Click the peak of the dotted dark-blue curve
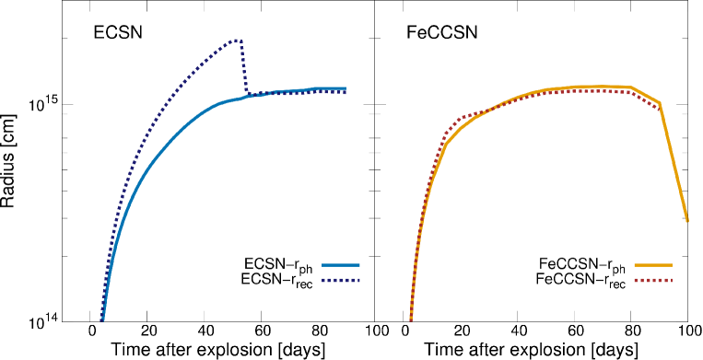click(x=237, y=40)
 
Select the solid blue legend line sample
click(x=340, y=265)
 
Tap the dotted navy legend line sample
click(x=340, y=280)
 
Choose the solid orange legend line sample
click(x=652, y=265)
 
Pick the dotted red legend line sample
click(x=652, y=280)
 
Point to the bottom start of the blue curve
click(x=102, y=319)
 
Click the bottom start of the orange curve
click(x=411, y=319)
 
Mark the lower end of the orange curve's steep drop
click(x=687, y=221)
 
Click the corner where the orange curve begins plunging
click(x=660, y=103)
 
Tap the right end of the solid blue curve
click(x=346, y=88)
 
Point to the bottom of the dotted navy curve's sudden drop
click(x=247, y=94)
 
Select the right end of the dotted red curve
click(x=658, y=109)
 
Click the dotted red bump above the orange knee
click(x=461, y=118)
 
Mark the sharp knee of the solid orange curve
click(x=445, y=144)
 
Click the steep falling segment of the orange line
click(x=674, y=162)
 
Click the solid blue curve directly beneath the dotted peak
click(x=237, y=99)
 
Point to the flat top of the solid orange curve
click(x=590, y=87)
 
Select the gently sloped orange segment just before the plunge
click(x=646, y=95)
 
